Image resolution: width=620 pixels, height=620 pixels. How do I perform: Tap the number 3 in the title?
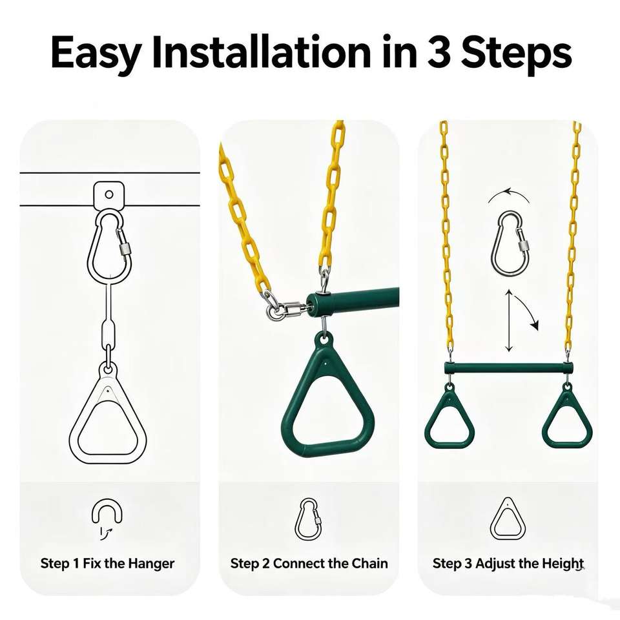pyautogui.click(x=439, y=52)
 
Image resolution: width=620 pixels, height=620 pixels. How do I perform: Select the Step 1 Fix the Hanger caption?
pyautogui.click(x=107, y=563)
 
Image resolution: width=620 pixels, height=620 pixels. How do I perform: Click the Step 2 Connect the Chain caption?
pyautogui.click(x=309, y=563)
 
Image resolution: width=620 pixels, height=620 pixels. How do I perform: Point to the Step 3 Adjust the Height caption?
pyautogui.click(x=508, y=563)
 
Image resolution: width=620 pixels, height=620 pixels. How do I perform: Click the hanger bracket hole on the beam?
pyautogui.click(x=108, y=194)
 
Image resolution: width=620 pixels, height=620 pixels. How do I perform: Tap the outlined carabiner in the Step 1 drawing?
pyautogui.click(x=109, y=245)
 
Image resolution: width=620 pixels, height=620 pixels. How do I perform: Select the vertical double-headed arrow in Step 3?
pyautogui.click(x=509, y=321)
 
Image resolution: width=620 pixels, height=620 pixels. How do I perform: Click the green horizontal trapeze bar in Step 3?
pyautogui.click(x=508, y=368)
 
